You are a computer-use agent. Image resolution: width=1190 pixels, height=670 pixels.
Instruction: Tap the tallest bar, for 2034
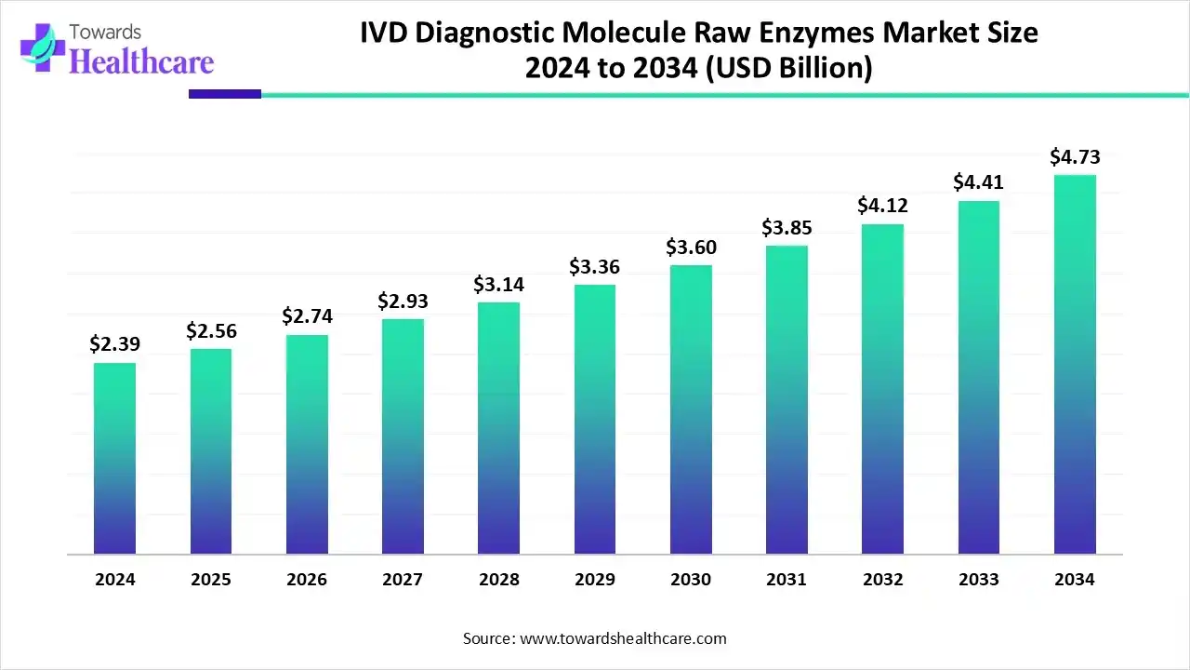click(1075, 365)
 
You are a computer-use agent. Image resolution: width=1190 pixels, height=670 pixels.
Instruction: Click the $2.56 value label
click(211, 330)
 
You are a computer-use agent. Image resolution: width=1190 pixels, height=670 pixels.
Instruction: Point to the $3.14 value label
click(498, 284)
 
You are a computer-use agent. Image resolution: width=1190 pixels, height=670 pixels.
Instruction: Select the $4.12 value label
click(882, 206)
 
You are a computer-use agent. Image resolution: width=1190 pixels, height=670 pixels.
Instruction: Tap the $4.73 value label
click(1075, 157)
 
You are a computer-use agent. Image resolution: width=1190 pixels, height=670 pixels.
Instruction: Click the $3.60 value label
click(691, 248)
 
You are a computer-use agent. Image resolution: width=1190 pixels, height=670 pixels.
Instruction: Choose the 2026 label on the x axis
click(307, 580)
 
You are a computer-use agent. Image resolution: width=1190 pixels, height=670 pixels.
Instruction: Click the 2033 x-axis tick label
click(979, 580)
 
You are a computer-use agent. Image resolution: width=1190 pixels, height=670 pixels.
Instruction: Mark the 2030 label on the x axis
click(691, 580)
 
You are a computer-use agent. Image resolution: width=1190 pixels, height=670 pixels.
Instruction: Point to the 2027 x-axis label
click(403, 580)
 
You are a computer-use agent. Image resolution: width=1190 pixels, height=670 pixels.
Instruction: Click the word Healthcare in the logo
click(141, 62)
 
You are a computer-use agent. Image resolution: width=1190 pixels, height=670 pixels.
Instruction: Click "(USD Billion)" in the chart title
click(788, 69)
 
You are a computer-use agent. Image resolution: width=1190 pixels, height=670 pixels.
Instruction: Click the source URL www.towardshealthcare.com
click(622, 638)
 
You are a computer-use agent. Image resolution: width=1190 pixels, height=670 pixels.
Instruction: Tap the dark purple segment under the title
click(225, 94)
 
